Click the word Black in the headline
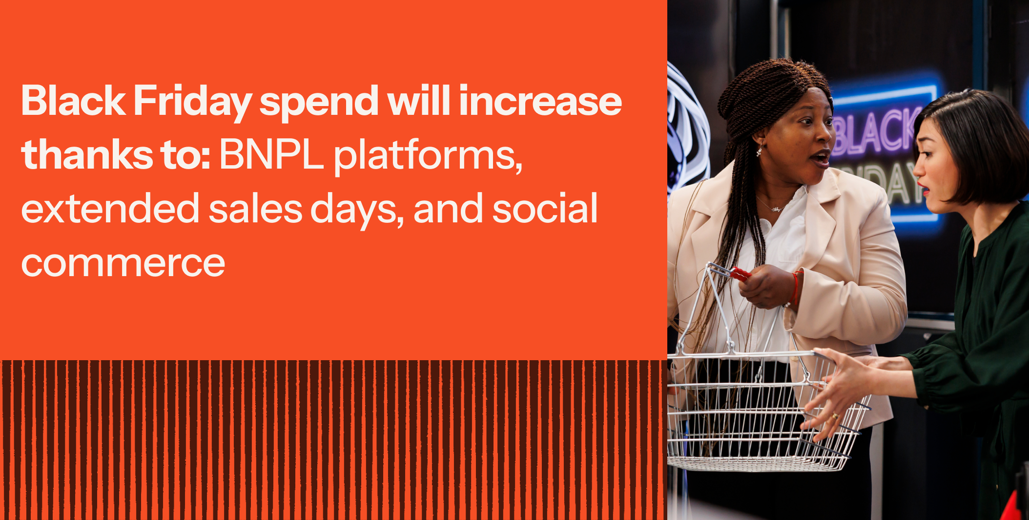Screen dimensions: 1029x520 click(x=73, y=101)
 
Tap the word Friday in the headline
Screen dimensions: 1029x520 click(x=192, y=103)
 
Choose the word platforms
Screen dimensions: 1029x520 click(x=428, y=156)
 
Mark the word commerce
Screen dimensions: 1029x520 click(x=123, y=264)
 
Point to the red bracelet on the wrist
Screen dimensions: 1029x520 click(x=795, y=289)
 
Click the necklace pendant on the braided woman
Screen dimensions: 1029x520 click(x=776, y=209)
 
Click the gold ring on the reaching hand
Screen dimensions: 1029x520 click(x=835, y=416)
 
